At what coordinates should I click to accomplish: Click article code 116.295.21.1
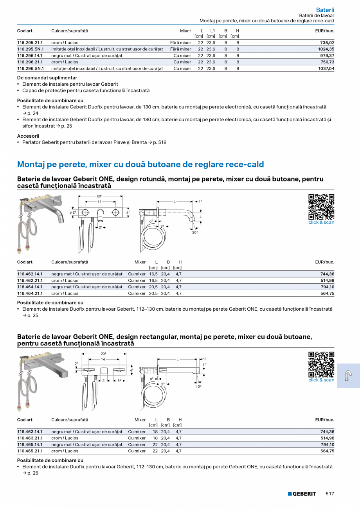point(30,43)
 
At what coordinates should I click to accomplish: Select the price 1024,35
point(326,49)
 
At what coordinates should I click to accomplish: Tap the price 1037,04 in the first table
point(326,68)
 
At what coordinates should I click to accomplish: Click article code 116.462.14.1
point(30,274)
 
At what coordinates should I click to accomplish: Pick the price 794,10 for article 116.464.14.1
point(327,287)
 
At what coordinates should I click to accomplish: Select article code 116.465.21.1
point(30,451)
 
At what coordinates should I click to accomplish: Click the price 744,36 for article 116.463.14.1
point(327,432)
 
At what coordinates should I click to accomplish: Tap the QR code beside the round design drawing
point(321,207)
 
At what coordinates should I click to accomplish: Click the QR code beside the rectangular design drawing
point(321,364)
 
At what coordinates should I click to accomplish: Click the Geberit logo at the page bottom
point(302,494)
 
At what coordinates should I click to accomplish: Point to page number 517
point(330,494)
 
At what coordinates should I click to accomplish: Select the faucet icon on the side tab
point(348,376)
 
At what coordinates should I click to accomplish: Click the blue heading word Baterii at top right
point(325,10)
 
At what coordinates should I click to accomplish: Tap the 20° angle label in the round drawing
point(195,232)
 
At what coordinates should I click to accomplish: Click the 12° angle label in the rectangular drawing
point(199,387)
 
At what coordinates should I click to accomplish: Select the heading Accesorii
point(28,136)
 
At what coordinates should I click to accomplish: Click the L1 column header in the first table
point(212,31)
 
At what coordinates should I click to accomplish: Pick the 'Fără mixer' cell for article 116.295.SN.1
point(180,49)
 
